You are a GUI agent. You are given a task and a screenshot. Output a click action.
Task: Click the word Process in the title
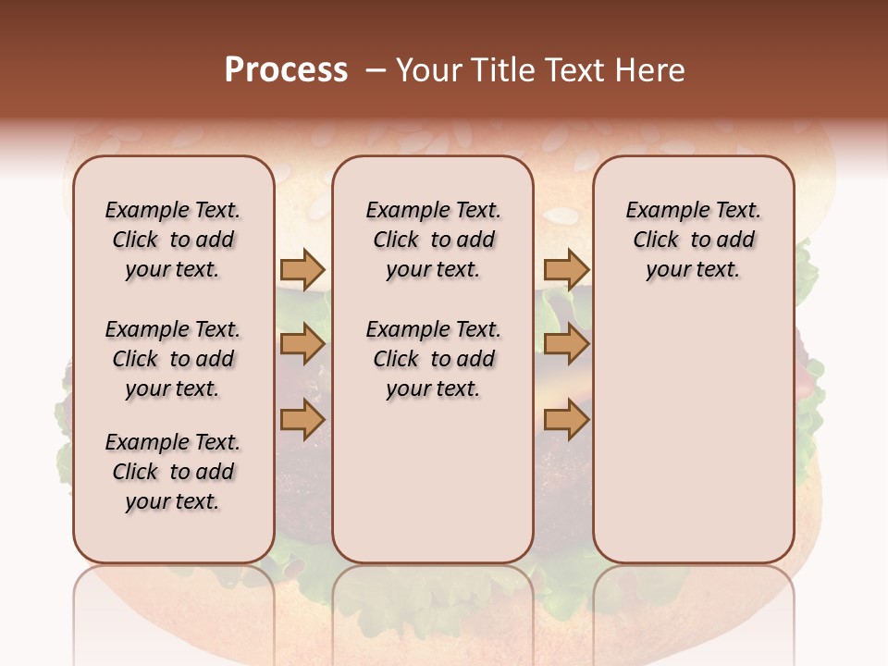(286, 70)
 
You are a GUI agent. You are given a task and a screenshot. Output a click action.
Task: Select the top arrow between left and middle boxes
(302, 269)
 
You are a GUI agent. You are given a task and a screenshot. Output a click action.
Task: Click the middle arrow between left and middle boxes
(302, 344)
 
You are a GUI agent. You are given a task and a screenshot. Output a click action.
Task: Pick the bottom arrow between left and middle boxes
(302, 420)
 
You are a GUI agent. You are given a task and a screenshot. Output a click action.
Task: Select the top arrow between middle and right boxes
(566, 269)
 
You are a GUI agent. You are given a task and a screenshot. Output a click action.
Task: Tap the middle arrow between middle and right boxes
(566, 344)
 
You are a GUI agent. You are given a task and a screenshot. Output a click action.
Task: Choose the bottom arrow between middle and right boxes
(566, 420)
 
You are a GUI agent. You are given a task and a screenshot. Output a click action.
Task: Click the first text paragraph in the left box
(173, 240)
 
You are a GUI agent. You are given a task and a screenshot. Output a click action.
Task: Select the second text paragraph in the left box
(173, 359)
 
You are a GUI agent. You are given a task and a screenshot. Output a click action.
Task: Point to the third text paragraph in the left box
(173, 472)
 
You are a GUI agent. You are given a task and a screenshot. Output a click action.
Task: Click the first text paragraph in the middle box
(433, 240)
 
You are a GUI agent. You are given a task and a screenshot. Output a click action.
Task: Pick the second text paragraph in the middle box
(433, 359)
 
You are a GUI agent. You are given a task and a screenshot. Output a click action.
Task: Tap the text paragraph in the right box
(693, 240)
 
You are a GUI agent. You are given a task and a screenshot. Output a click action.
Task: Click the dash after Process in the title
(376, 70)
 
